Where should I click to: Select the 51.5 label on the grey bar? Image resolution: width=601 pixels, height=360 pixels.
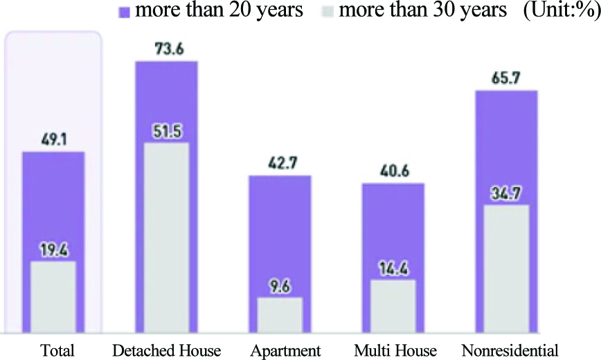pyautogui.click(x=166, y=132)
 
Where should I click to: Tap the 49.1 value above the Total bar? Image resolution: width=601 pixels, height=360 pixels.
pyautogui.click(x=53, y=141)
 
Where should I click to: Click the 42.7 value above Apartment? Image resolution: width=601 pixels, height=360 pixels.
pyautogui.click(x=280, y=164)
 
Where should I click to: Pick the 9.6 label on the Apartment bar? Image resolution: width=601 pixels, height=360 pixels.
pyautogui.click(x=280, y=287)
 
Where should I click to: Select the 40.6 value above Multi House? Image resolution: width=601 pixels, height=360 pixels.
pyautogui.click(x=393, y=172)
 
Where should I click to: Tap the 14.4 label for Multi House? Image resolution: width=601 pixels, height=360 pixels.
pyautogui.click(x=393, y=269)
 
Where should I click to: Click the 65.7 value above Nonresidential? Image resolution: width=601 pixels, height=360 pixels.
pyautogui.click(x=507, y=79)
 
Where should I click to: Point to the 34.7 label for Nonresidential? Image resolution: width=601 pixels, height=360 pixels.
pyautogui.click(x=507, y=194)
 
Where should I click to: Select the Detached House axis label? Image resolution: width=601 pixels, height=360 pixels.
pyautogui.click(x=166, y=349)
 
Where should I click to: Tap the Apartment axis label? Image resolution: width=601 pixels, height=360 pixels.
pyautogui.click(x=285, y=349)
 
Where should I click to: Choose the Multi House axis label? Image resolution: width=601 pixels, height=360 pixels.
pyautogui.click(x=394, y=349)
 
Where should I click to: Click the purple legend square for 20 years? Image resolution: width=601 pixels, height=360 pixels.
pyautogui.click(x=125, y=13)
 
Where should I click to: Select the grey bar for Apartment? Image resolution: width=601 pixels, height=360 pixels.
pyautogui.click(x=280, y=318)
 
